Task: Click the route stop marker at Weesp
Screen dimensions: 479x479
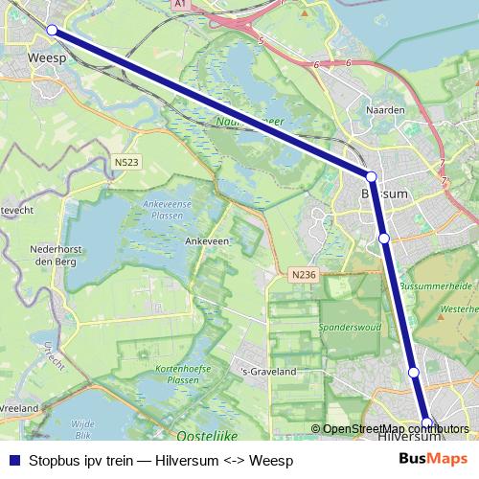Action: tap(52, 30)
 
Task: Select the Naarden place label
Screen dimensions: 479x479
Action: tap(385, 110)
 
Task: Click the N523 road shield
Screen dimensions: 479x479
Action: tap(125, 163)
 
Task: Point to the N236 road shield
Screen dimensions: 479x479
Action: tap(303, 275)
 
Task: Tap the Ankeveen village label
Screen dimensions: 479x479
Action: tap(207, 241)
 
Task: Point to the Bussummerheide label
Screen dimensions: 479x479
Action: tap(435, 285)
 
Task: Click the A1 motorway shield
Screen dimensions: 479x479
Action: tap(180, 5)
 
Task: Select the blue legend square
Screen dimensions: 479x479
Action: tap(13, 461)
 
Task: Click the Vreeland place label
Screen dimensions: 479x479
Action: tap(19, 408)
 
